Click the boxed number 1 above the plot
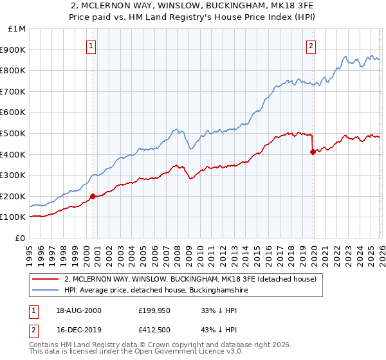(x=92, y=46)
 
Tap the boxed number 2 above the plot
(x=311, y=46)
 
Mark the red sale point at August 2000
(x=93, y=196)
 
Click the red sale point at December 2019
(x=313, y=152)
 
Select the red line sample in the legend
(x=46, y=280)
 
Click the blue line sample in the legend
(x=46, y=291)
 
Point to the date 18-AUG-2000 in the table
(x=78, y=310)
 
